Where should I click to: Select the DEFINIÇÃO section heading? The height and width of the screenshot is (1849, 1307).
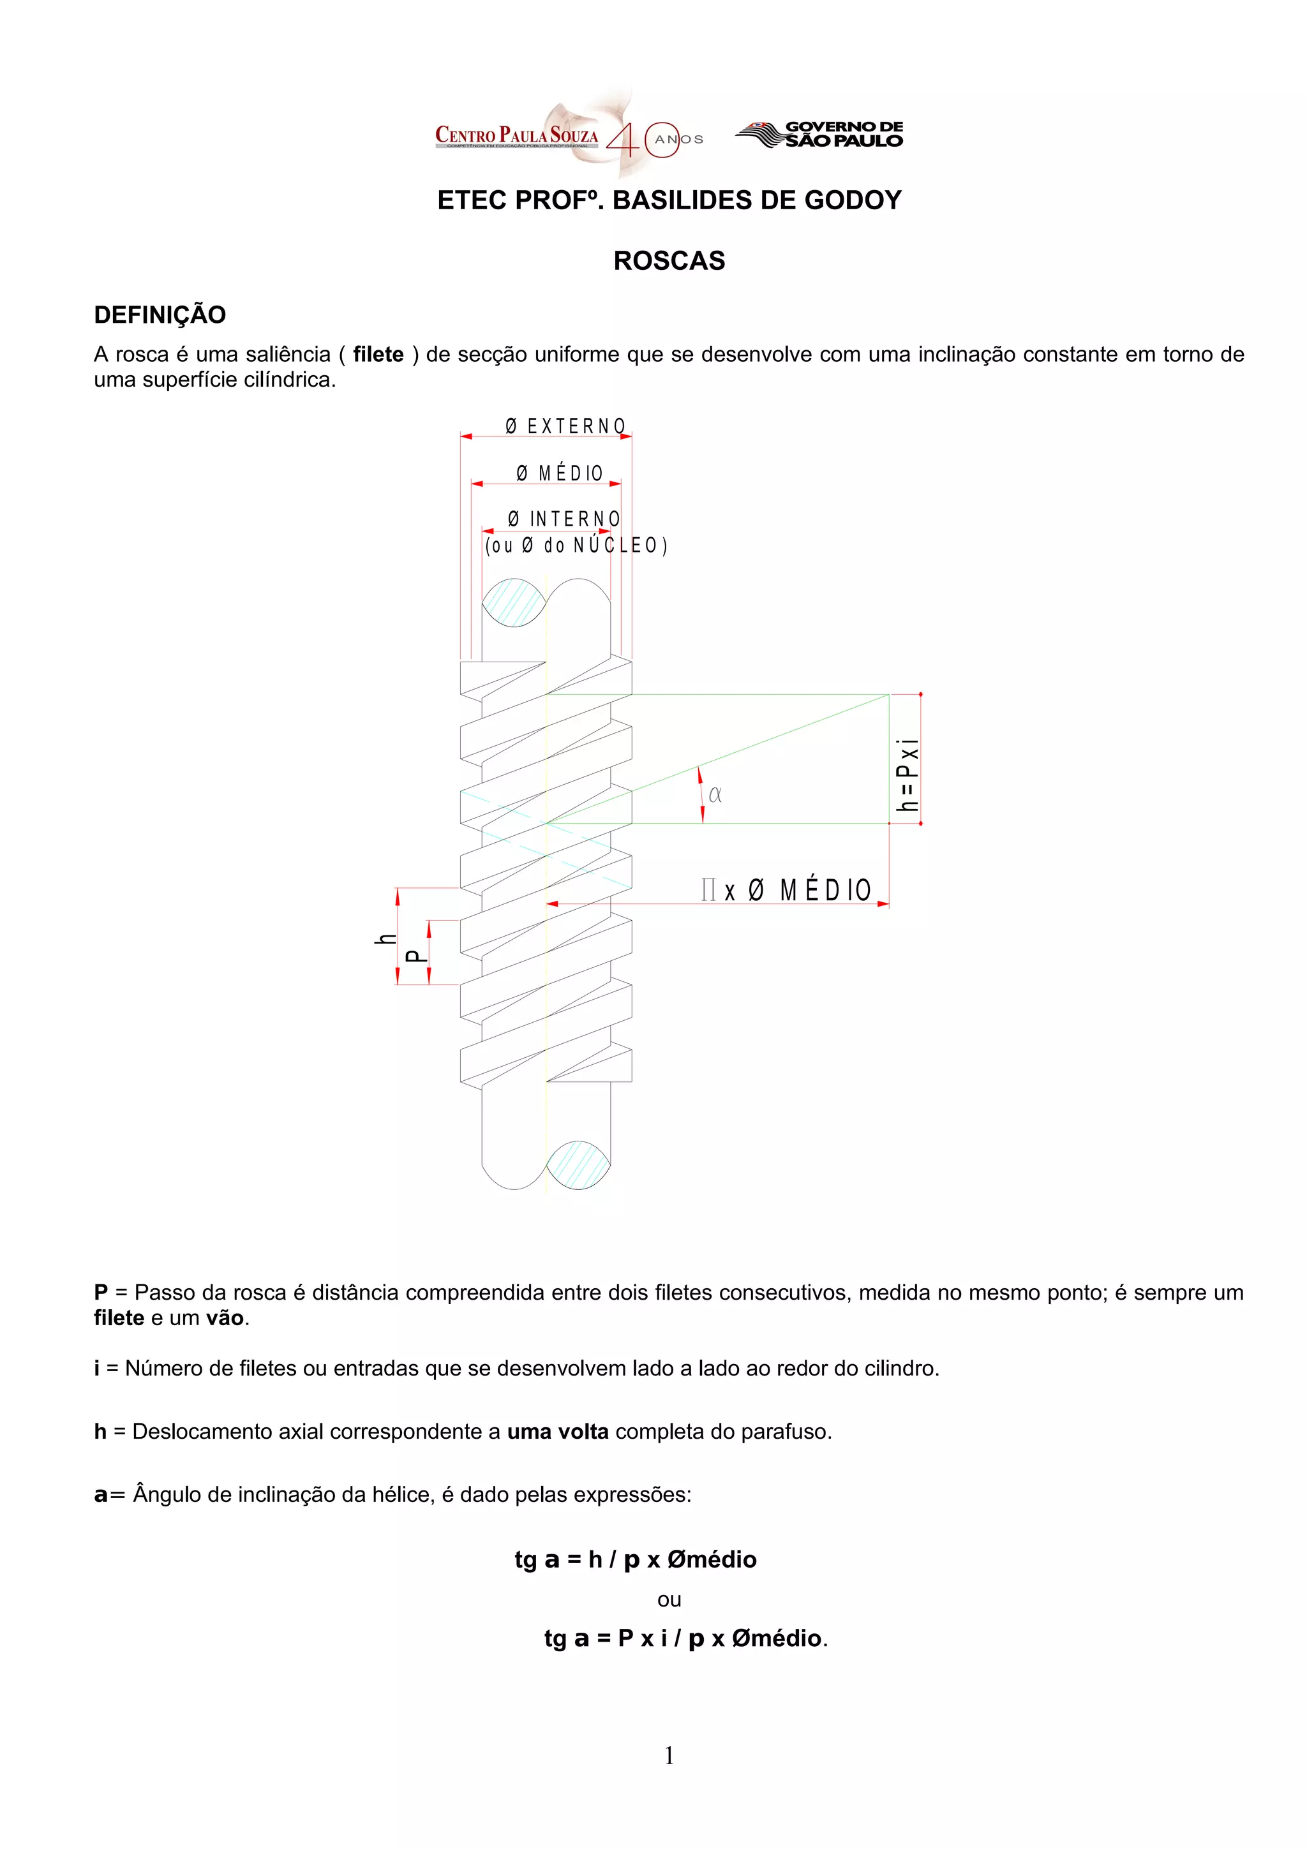tap(160, 315)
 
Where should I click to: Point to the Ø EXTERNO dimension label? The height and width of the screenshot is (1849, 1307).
tap(565, 426)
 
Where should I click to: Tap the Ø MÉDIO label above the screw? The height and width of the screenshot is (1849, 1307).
tap(560, 473)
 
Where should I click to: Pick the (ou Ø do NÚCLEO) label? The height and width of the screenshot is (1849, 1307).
tap(576, 546)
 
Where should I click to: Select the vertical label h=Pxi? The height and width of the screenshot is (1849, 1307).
tap(908, 775)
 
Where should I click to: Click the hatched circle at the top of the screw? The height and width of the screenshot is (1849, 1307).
tap(513, 602)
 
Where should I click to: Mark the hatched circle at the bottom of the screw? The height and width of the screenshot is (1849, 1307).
tap(578, 1164)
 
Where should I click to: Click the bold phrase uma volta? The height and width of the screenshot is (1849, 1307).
tap(557, 1431)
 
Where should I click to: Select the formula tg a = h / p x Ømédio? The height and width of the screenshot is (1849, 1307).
tap(636, 1559)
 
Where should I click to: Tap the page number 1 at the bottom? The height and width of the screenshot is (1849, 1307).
tap(668, 1755)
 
